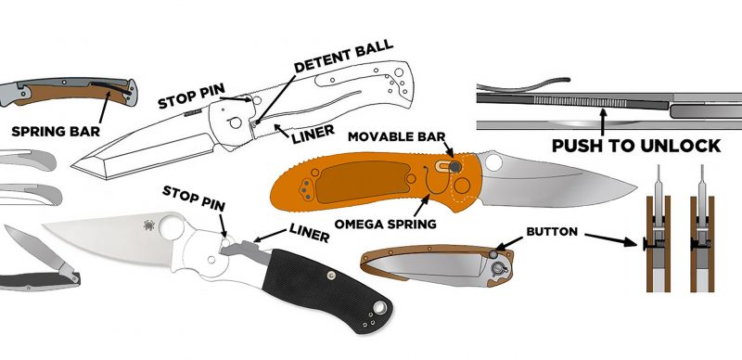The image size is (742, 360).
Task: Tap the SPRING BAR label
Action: [56, 131]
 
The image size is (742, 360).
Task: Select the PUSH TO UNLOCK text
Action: [636, 146]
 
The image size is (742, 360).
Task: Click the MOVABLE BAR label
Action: [397, 137]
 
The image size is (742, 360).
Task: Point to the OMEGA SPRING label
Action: [386, 224]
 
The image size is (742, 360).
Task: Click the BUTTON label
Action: [552, 232]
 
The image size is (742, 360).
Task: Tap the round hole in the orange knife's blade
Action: [493, 162]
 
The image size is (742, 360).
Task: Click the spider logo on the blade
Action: [149, 225]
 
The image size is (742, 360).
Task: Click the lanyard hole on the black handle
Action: [379, 308]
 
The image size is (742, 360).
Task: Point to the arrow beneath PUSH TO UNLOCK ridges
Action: [602, 122]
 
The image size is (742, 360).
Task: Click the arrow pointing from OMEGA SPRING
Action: [421, 205]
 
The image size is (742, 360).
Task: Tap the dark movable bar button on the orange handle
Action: [454, 166]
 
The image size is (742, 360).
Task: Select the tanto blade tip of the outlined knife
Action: [72, 166]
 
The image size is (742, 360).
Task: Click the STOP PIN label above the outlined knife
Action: [191, 96]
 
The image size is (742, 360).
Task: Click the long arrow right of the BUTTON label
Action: [611, 239]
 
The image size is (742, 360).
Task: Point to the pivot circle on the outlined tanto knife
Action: [235, 123]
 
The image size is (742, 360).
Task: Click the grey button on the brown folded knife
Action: [493, 255]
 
